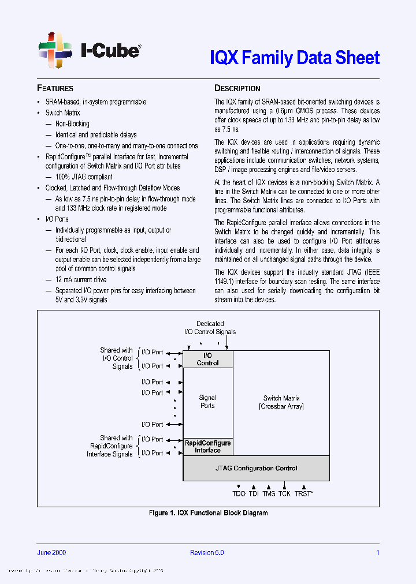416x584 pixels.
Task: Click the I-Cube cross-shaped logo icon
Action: pos(55,50)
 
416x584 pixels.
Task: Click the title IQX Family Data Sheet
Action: pos(294,58)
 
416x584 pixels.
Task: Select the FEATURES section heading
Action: pos(55,88)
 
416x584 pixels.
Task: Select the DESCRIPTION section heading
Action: pos(237,88)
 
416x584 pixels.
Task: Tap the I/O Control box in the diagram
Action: pos(207,359)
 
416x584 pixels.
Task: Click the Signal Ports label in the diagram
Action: pos(207,401)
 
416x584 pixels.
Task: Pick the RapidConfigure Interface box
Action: pos(207,447)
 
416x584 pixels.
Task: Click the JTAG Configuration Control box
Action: pos(256,468)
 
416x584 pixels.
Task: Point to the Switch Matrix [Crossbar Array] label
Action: pos(281,402)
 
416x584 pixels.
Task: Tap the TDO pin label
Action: pos(239,494)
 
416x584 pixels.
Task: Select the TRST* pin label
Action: pos(303,494)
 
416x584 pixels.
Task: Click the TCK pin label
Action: pos(284,494)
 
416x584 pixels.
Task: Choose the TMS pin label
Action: pos(269,494)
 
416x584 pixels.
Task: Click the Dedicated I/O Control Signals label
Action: pos(210,328)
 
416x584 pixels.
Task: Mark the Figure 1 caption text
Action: pos(208,512)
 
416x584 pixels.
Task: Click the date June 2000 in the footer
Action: pos(51,552)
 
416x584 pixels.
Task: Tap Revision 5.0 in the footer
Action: pos(207,552)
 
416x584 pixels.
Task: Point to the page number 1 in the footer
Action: pos(377,552)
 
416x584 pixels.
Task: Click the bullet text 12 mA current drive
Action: pos(81,279)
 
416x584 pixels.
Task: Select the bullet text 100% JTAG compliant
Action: pos(84,177)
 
